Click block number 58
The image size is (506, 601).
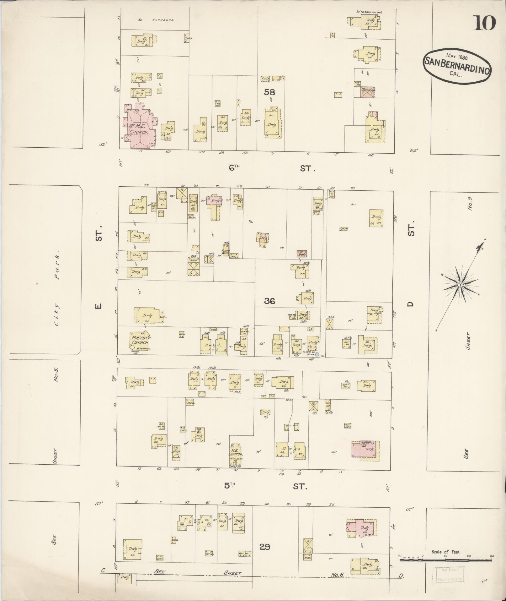[x=269, y=92]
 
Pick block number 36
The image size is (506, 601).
[x=269, y=301]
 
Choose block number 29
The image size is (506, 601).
[x=264, y=547]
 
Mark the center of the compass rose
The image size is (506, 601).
[x=460, y=285]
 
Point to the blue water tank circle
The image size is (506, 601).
[x=317, y=354]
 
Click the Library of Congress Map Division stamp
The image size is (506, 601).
[x=450, y=575]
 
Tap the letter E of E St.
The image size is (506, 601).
[x=98, y=305]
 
